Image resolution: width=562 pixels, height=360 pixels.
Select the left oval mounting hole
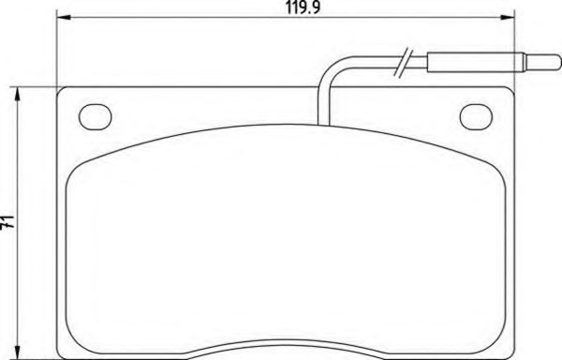(x=94, y=116)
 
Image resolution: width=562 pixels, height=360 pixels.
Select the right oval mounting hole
(x=478, y=116)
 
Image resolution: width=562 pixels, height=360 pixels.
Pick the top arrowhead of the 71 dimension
(x=19, y=93)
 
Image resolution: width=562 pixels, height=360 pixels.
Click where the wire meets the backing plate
(x=320, y=123)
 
